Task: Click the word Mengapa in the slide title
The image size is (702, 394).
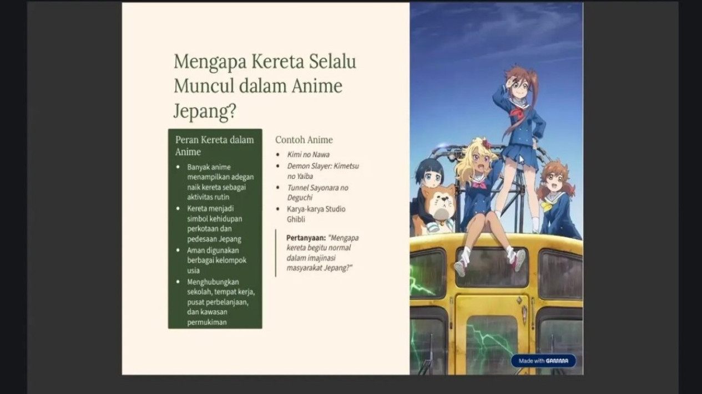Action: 210,62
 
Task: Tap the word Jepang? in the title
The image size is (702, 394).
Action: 204,111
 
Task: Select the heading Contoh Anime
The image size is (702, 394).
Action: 304,140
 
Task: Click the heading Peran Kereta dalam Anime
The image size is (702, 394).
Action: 215,146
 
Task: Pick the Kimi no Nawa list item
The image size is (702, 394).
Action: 309,155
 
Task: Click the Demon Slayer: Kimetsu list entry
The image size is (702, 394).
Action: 323,166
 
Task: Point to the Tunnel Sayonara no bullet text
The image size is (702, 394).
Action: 318,188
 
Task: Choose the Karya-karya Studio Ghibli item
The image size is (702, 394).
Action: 316,214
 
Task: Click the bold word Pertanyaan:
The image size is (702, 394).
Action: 306,238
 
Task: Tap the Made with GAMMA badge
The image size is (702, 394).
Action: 543,361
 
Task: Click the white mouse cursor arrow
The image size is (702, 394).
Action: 521,160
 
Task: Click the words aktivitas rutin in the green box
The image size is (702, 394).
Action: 209,197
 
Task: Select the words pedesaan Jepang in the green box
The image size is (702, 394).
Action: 214,239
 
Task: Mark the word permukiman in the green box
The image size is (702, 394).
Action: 207,323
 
